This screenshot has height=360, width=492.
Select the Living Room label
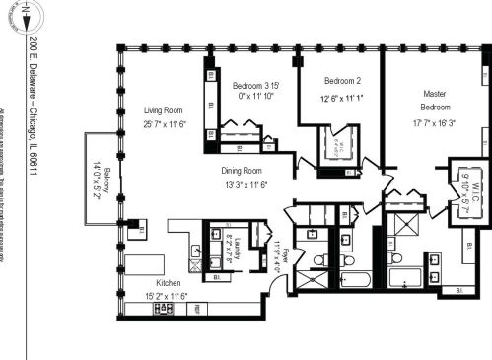[165, 110]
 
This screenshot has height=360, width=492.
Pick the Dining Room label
[244, 170]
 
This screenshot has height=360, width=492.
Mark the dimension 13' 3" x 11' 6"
[244, 183]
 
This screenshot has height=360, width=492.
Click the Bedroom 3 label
[255, 84]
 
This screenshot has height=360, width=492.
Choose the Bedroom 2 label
[343, 81]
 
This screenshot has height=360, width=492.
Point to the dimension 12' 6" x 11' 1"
[342, 97]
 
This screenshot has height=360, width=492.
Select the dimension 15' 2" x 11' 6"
[166, 295]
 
